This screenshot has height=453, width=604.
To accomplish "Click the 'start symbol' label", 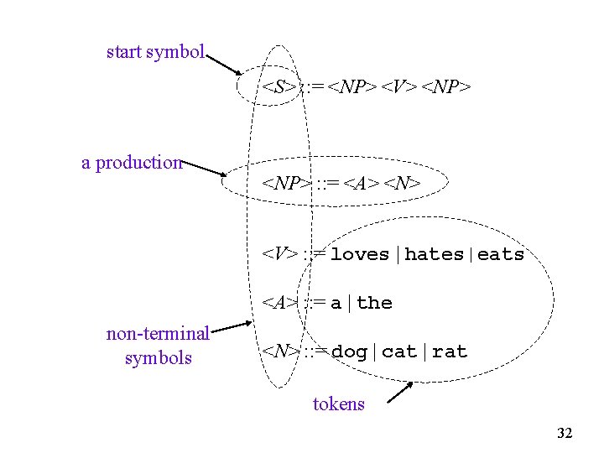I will pyautogui.click(x=155, y=52).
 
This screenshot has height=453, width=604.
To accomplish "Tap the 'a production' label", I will pyautogui.click(x=132, y=163).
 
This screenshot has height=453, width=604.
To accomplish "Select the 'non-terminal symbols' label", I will pyautogui.click(x=158, y=346).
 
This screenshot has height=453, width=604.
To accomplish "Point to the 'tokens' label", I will pyautogui.click(x=339, y=404).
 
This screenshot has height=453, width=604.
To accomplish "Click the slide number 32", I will pyautogui.click(x=565, y=434).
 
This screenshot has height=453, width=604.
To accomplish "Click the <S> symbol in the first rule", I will pyautogui.click(x=278, y=86).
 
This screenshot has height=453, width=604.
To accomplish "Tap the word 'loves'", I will pyautogui.click(x=360, y=254).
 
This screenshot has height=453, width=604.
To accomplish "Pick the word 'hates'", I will pyautogui.click(x=434, y=254).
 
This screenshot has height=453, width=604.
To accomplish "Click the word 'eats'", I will pyautogui.click(x=501, y=254).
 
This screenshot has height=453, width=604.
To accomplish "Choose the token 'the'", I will pyautogui.click(x=374, y=303).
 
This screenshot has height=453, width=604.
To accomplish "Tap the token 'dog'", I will pyautogui.click(x=349, y=351).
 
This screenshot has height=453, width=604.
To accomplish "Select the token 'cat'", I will pyautogui.click(x=399, y=351).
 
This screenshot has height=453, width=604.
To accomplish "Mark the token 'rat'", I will pyautogui.click(x=450, y=351).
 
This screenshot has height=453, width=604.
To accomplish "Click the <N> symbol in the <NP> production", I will pyautogui.click(x=402, y=184).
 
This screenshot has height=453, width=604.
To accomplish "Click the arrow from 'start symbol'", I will pyautogui.click(x=224, y=65).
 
